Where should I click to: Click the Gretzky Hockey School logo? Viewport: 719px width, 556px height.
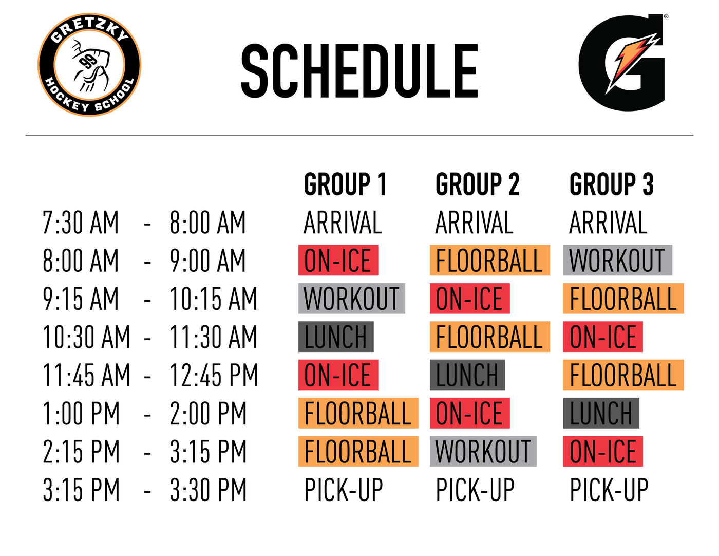tap(89, 65)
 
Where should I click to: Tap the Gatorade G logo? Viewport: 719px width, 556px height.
tap(621, 62)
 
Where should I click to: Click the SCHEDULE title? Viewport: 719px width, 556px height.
tap(359, 71)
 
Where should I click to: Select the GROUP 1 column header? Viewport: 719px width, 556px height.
tap(345, 184)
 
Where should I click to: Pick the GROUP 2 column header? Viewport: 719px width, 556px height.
tap(477, 184)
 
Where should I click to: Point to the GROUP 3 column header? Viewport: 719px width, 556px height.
tap(611, 184)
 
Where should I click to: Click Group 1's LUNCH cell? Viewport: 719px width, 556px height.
tap(336, 337)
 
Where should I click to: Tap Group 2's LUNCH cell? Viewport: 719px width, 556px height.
tap(467, 375)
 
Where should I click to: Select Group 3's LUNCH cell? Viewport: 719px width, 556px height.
tap(601, 413)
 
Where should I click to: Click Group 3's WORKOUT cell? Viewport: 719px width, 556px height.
tap(617, 260)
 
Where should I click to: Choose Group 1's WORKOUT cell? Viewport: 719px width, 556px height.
tap(352, 298)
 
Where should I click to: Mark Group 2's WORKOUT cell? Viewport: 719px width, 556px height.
tap(483, 451)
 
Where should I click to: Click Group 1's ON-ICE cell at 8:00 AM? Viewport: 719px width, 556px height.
tap(338, 260)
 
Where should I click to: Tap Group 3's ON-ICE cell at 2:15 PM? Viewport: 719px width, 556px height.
tap(603, 451)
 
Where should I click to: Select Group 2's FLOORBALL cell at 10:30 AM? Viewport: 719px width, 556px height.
tap(490, 337)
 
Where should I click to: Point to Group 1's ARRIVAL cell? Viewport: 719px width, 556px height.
tap(343, 223)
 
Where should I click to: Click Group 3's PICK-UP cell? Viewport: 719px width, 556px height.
tap(609, 490)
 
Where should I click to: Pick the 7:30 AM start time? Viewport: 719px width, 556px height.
tap(81, 223)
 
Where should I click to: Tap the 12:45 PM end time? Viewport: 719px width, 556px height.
tap(214, 375)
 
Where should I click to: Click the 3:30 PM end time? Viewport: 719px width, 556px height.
tap(208, 490)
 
